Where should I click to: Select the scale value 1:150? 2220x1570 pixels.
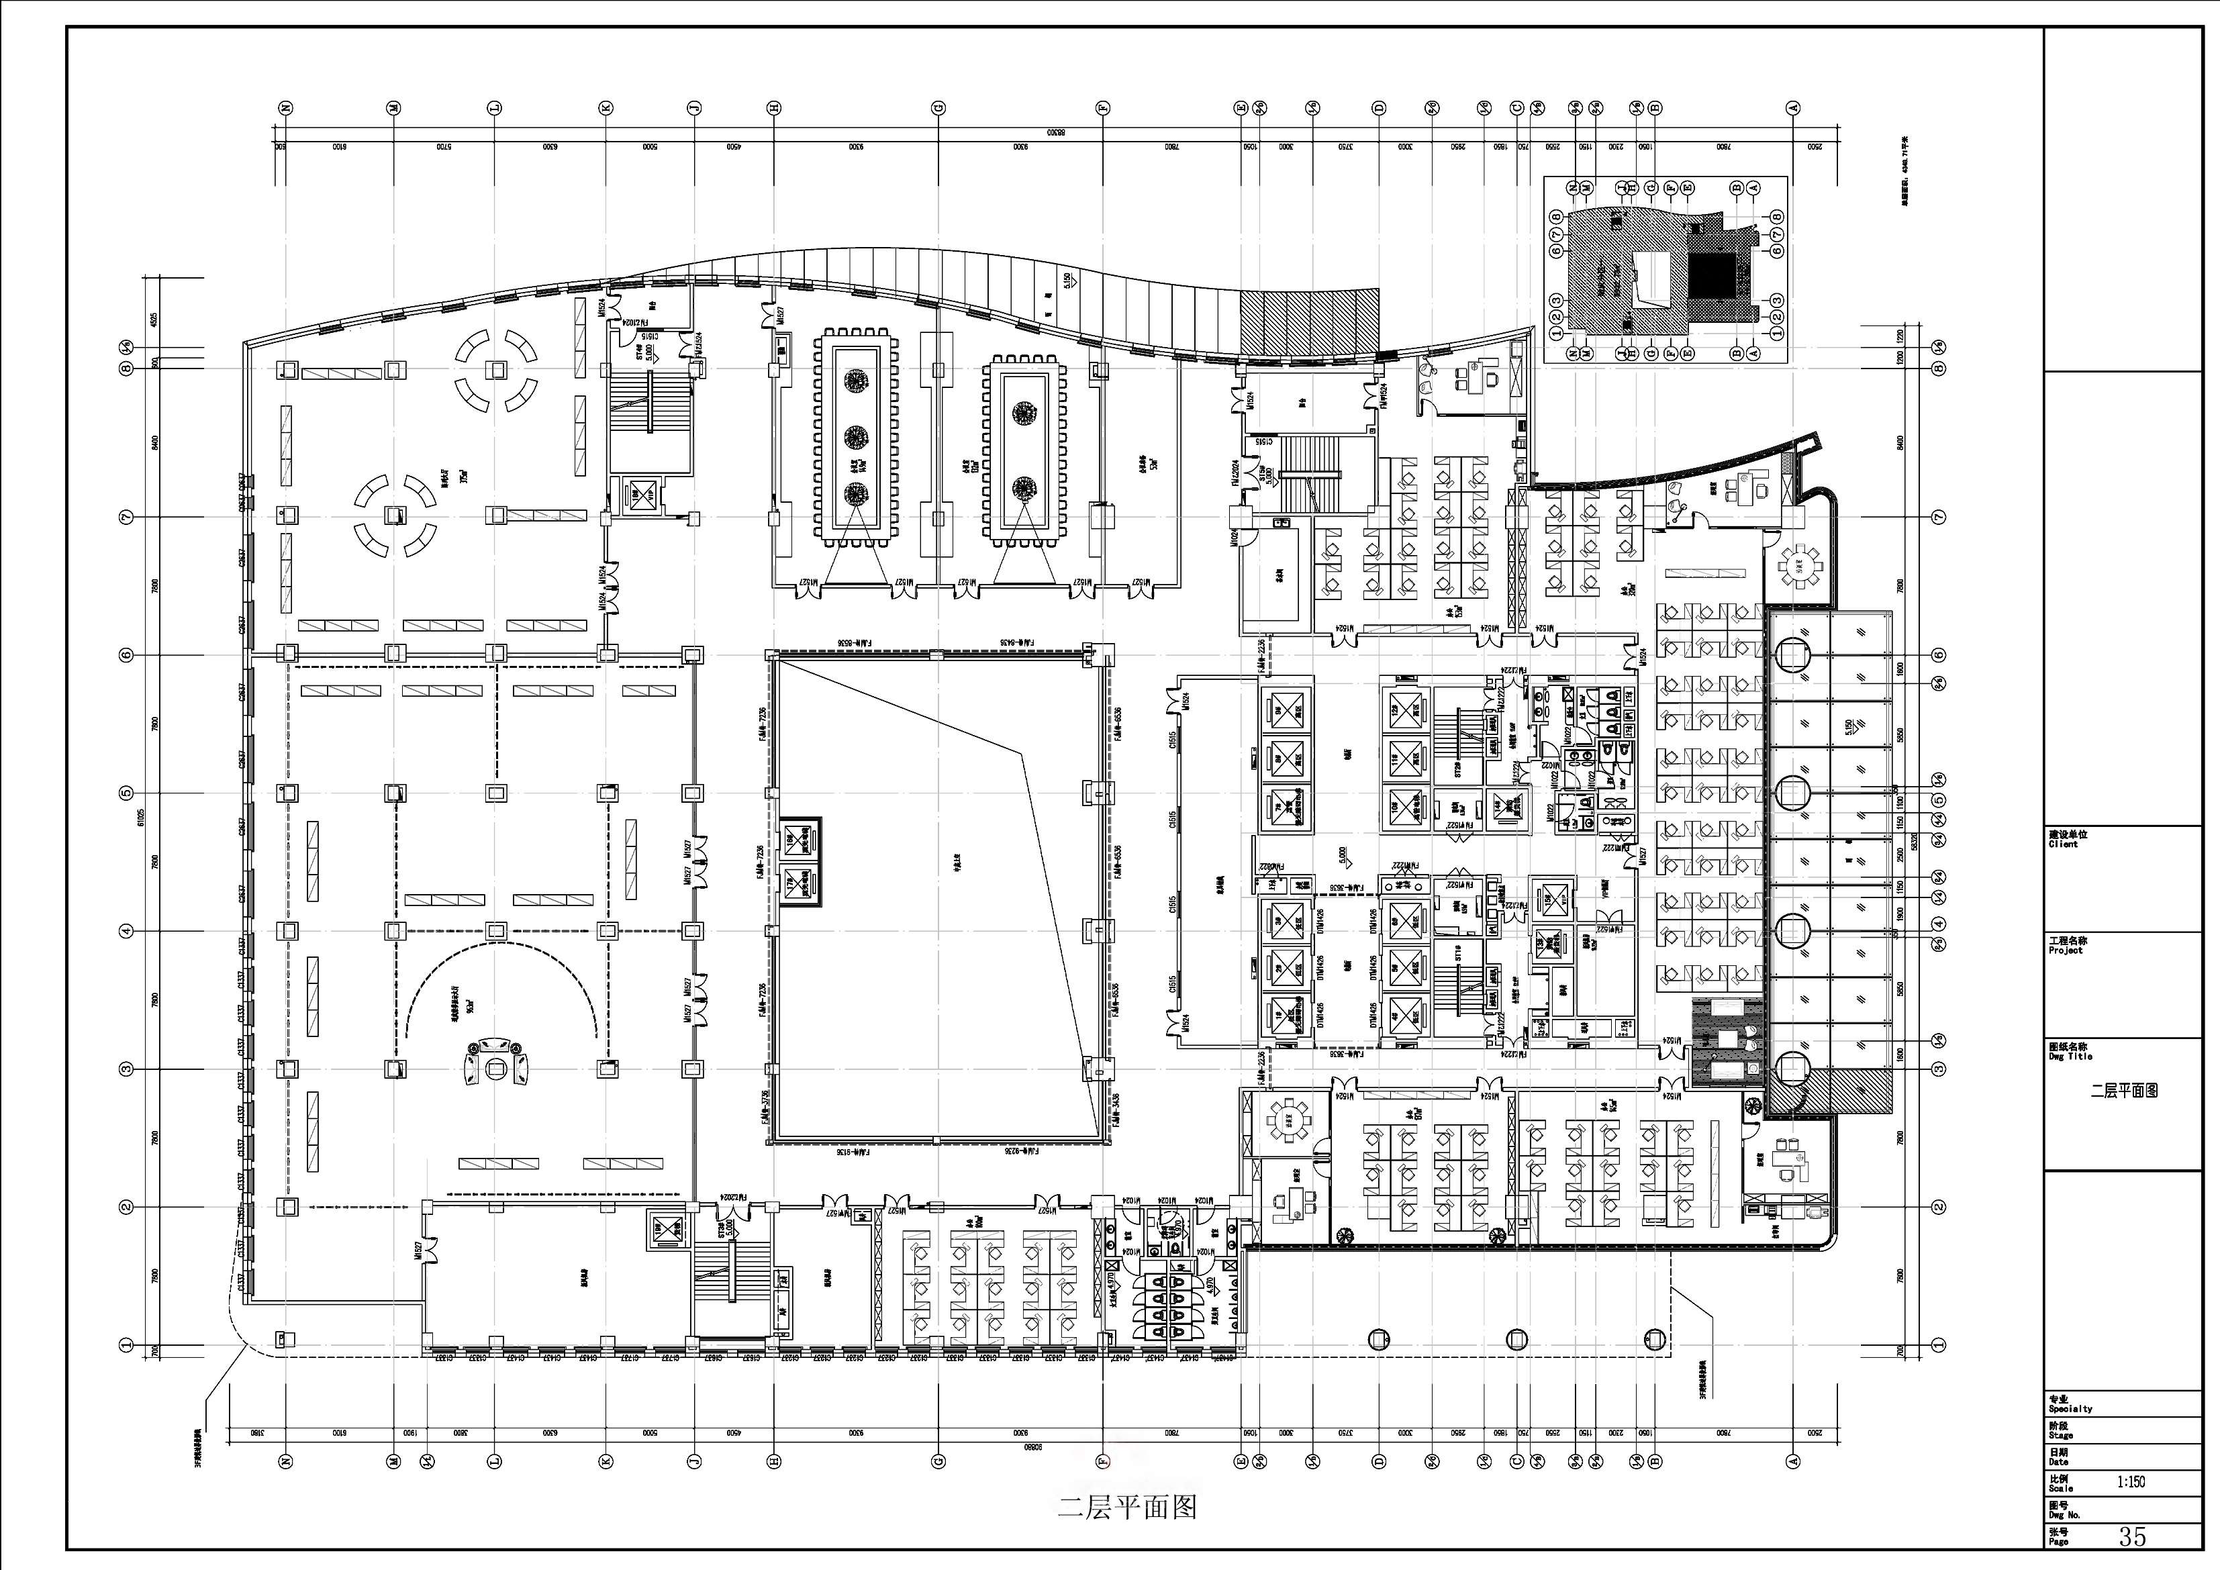(2131, 1481)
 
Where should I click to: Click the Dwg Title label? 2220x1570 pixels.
(2068, 1057)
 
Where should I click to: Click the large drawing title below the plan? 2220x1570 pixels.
(1126, 1506)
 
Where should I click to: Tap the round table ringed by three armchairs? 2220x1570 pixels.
(496, 1067)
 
